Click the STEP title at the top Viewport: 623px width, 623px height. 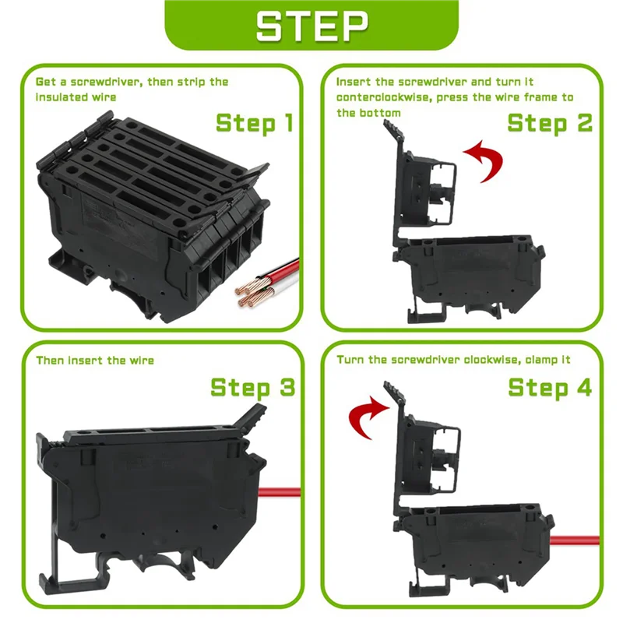pyautogui.click(x=311, y=26)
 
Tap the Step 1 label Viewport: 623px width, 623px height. pyautogui.click(x=254, y=123)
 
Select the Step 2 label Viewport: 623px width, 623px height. pyautogui.click(x=550, y=123)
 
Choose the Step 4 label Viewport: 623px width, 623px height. pyautogui.click(x=550, y=387)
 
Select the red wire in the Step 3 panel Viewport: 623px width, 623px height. pyautogui.click(x=280, y=492)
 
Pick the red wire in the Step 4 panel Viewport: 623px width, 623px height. pyautogui.click(x=576, y=539)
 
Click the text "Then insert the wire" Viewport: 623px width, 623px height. pyautogui.click(x=95, y=361)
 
